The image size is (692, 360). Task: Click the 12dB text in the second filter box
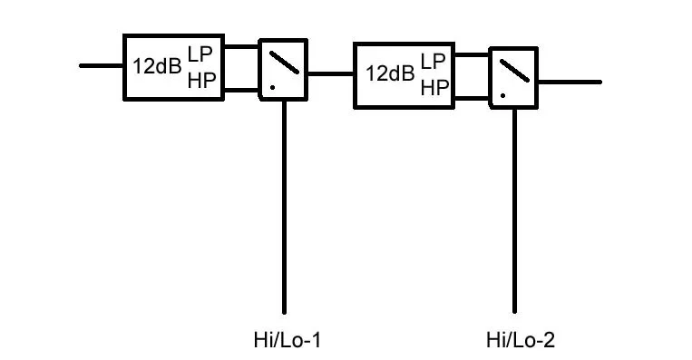tap(390, 73)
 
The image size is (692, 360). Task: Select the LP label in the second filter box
tap(434, 61)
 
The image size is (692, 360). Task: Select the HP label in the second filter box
tap(434, 87)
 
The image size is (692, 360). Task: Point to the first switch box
tap(284, 69)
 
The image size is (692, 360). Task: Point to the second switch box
tap(514, 75)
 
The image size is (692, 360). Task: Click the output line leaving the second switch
tap(569, 82)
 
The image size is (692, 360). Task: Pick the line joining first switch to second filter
tap(330, 73)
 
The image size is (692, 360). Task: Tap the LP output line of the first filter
tap(241, 46)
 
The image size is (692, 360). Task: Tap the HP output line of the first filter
tap(241, 89)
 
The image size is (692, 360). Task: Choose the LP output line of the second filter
tap(472, 55)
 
